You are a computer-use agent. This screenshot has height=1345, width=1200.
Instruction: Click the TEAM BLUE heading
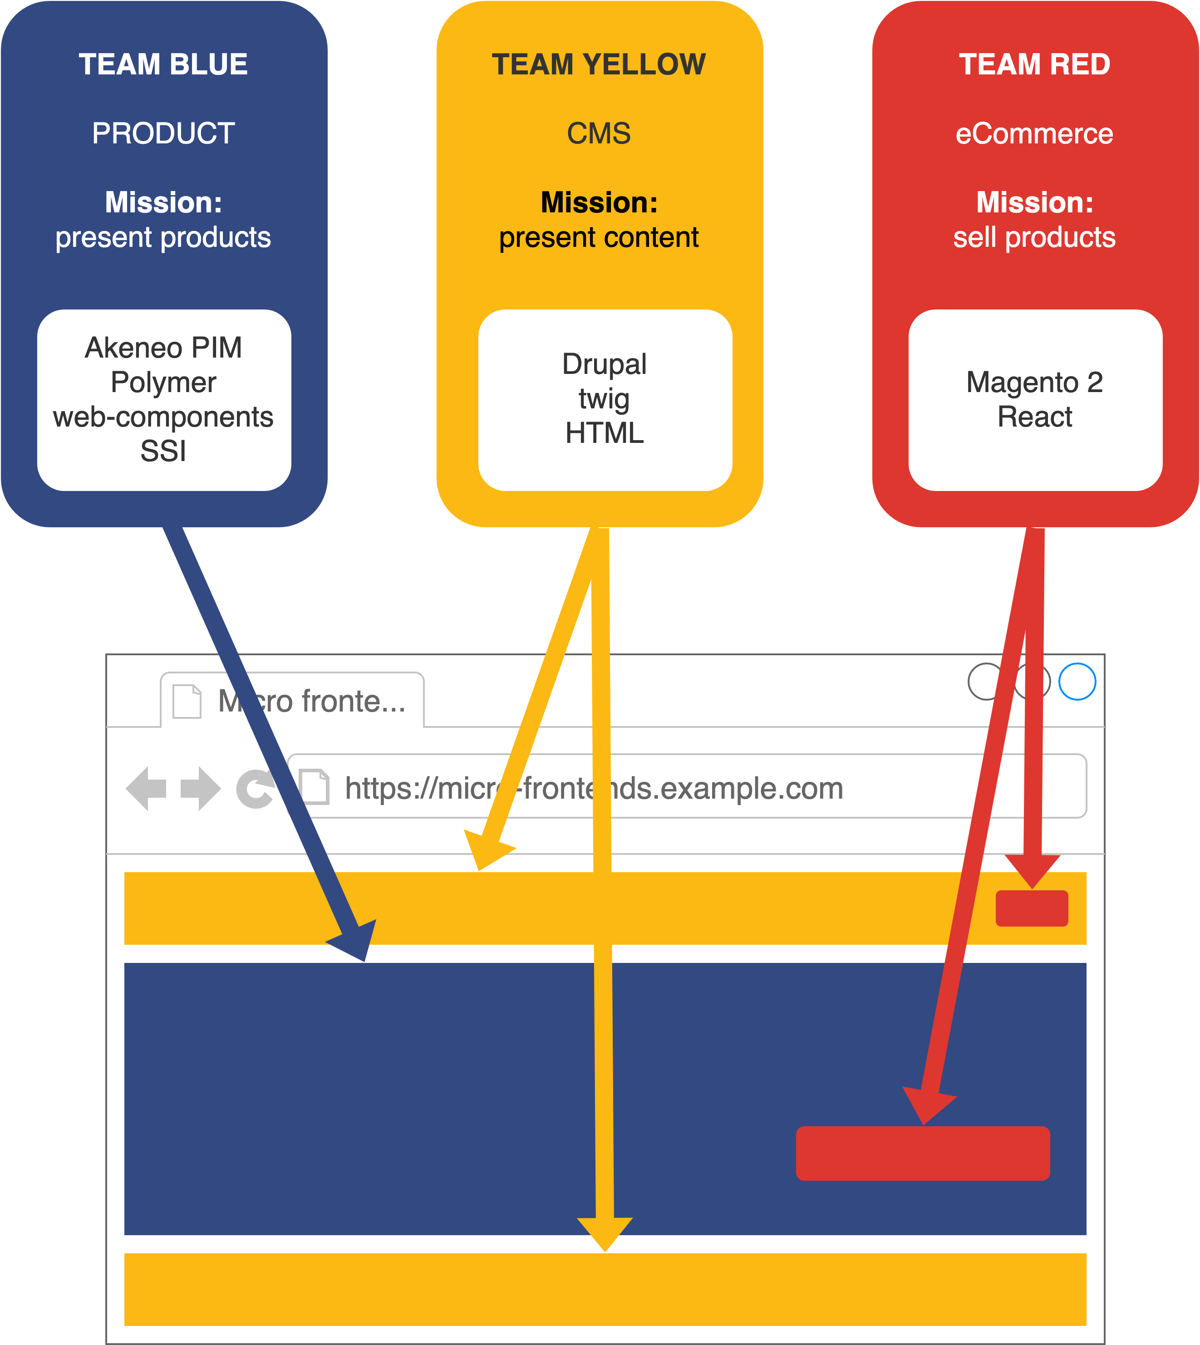(163, 64)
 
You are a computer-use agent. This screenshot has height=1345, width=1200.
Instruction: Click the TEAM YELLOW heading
(599, 64)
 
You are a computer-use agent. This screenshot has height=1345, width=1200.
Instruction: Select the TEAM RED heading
(1034, 64)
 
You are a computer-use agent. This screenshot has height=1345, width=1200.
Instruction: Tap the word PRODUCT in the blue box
(163, 134)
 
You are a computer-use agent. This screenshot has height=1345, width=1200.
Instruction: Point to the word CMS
(599, 134)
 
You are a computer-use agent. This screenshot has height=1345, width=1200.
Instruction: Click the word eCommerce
(1034, 134)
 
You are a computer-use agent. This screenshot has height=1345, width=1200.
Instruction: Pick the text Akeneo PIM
(163, 348)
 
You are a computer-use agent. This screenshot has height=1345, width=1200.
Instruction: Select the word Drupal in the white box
(604, 364)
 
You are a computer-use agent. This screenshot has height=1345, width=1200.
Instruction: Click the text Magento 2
(1034, 383)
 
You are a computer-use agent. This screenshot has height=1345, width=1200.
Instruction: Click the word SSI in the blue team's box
(163, 452)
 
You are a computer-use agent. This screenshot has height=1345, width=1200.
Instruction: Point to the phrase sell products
(1034, 237)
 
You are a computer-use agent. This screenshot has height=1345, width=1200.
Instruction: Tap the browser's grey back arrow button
(147, 789)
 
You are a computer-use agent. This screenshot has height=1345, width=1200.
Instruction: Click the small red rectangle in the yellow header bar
(1032, 908)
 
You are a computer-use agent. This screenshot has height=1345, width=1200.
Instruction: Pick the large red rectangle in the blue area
(923, 1154)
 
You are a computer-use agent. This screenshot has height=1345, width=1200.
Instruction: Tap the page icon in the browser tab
(187, 702)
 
